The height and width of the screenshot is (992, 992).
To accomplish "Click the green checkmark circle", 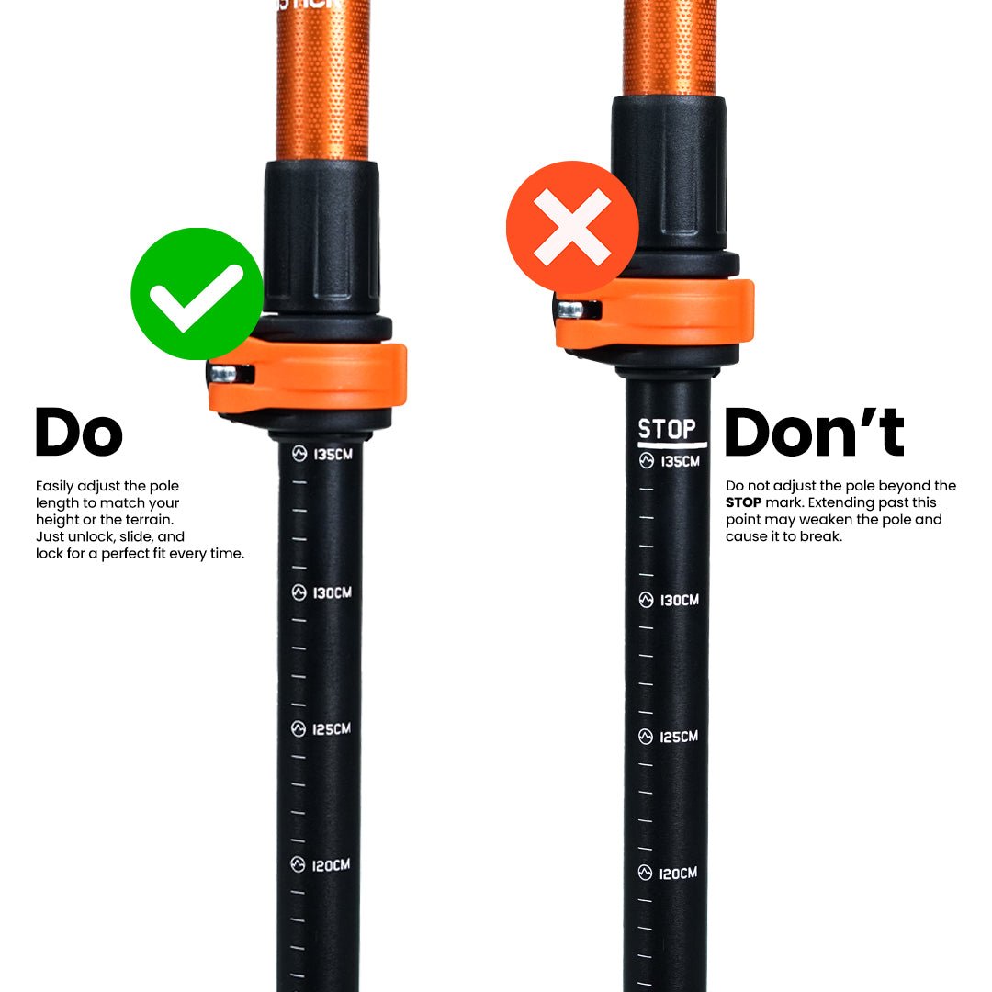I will [x=197, y=293].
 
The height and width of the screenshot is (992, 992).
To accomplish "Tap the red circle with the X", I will [x=572, y=227].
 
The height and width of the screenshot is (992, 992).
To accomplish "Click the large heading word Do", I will [x=78, y=433].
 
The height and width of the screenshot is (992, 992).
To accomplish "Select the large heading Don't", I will [x=814, y=432].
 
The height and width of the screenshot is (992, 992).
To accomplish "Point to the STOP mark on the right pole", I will [x=667, y=429].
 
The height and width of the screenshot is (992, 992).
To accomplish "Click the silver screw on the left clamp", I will [x=223, y=374].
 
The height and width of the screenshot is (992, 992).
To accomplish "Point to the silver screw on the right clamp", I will [x=571, y=310].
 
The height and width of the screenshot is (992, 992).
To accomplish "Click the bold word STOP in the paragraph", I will [x=744, y=502].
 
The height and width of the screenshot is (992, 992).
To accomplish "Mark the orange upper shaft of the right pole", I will [x=669, y=46].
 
